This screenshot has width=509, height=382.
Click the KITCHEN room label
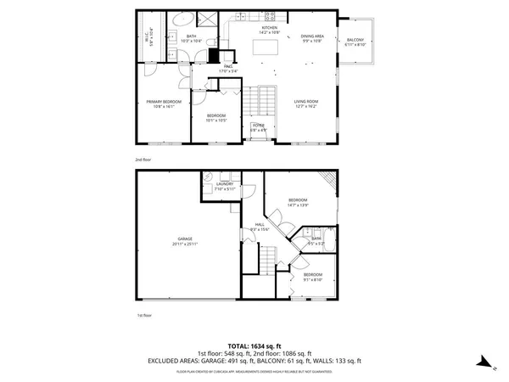(x=270, y=28)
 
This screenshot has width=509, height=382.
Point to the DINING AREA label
(x=312, y=36)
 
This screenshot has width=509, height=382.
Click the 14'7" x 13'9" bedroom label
(x=297, y=200)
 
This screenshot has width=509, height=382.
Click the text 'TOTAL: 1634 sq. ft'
(x=255, y=345)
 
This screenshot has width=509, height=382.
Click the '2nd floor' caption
(x=143, y=158)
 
